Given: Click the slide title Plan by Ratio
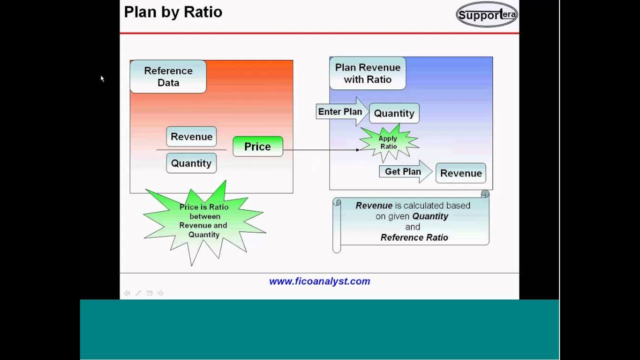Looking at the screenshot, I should pyautogui.click(x=173, y=12).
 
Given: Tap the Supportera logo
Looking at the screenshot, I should pyautogui.click(x=486, y=14).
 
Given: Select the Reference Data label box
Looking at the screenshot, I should pyautogui.click(x=168, y=77).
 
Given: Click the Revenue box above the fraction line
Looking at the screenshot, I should pyautogui.click(x=191, y=136).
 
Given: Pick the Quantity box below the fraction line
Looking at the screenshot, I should pyautogui.click(x=191, y=163).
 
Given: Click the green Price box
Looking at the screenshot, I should pyautogui.click(x=257, y=146).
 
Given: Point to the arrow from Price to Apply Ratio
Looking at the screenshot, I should pyautogui.click(x=320, y=149).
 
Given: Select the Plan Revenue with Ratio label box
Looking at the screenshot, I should pyautogui.click(x=367, y=73).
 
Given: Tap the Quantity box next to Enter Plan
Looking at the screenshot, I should pyautogui.click(x=394, y=113).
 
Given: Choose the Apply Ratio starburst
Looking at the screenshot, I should pyautogui.click(x=388, y=142).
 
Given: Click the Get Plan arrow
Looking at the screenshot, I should pyautogui.click(x=404, y=172).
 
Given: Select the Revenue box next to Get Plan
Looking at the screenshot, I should pyautogui.click(x=460, y=173).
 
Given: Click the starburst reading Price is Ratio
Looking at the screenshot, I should pyautogui.click(x=204, y=221).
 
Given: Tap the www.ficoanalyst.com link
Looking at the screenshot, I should pyautogui.click(x=319, y=281).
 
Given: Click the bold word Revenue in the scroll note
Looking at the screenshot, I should pyautogui.click(x=373, y=205).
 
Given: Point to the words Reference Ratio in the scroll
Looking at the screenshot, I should pyautogui.click(x=414, y=237).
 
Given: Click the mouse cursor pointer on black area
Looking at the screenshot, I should pyautogui.click(x=102, y=78).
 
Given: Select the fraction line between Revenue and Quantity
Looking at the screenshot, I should pyautogui.click(x=191, y=149).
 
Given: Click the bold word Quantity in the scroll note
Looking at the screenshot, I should pyautogui.click(x=430, y=216).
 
